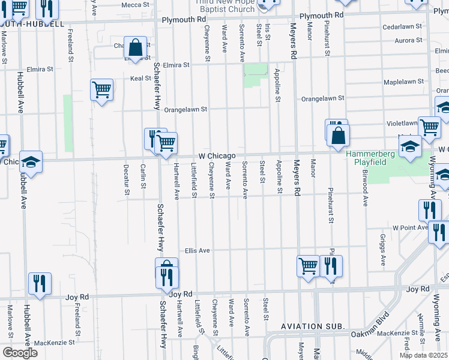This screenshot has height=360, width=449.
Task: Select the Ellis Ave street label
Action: pos(197,250)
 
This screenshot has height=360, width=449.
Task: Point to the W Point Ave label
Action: pos(410,228)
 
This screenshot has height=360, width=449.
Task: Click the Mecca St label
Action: pos(131,5)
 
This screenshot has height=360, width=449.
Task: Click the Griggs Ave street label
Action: pos(382,250)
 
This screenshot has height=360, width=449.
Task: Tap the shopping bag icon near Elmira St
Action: pos(136,47)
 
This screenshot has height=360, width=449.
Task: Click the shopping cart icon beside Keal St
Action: pos(102,90)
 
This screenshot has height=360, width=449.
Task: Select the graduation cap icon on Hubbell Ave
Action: pos(31,161)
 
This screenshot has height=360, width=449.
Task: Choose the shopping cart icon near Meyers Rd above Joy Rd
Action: pos(309,265)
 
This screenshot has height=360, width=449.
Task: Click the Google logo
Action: pos(19,353)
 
